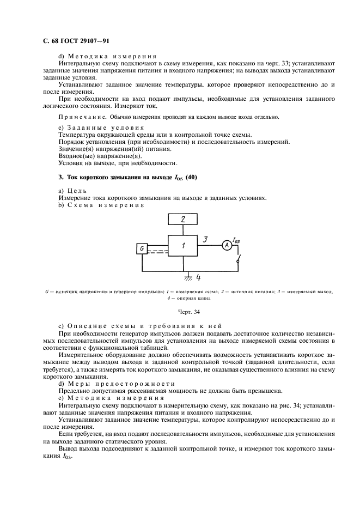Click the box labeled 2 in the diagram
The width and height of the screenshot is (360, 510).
[x=183, y=220]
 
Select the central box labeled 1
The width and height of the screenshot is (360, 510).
[x=183, y=246]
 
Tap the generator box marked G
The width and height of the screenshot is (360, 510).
[x=142, y=248]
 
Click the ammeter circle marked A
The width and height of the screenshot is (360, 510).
[x=228, y=246]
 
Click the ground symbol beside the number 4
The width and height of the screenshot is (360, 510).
[x=188, y=277]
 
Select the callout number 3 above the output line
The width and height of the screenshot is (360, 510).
[x=205, y=239]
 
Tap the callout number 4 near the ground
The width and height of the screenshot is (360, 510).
[x=198, y=277]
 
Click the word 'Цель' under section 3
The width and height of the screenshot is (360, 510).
[x=75, y=190]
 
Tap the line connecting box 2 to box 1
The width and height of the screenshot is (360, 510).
[x=183, y=230]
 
